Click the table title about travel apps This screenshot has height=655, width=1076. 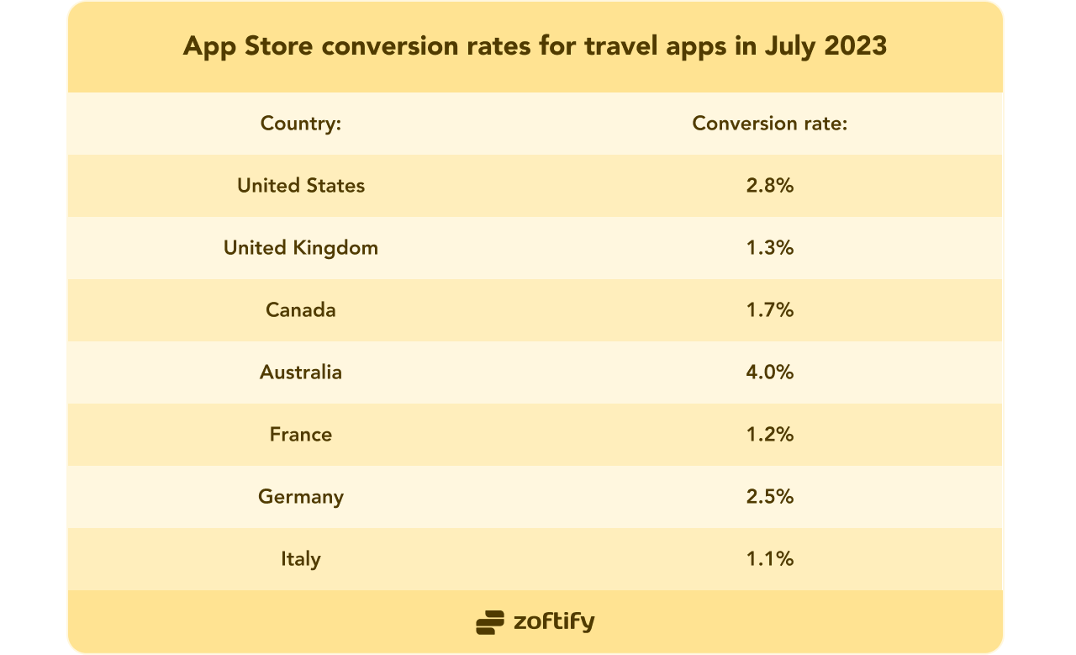click(x=535, y=46)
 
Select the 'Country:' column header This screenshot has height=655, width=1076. click(x=301, y=124)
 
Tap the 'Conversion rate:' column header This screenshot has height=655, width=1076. click(x=769, y=124)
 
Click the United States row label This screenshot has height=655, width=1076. click(x=301, y=186)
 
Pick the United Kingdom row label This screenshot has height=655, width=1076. click(x=301, y=248)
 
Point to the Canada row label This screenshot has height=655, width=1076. click(x=301, y=310)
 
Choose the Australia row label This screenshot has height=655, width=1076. click(x=301, y=372)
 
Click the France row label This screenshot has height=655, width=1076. click(x=301, y=435)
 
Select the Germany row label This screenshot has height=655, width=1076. click(x=301, y=497)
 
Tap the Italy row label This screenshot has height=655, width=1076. click(x=301, y=559)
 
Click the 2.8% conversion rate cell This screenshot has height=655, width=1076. click(x=769, y=186)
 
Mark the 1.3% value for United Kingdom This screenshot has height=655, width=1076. click(x=769, y=248)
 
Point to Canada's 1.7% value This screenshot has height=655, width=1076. click(x=769, y=310)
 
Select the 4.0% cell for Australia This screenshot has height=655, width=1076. click(x=769, y=372)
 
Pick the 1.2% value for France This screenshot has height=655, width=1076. click(x=769, y=435)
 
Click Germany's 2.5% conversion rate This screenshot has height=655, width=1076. click(x=769, y=497)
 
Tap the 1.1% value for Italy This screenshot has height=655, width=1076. click(x=769, y=559)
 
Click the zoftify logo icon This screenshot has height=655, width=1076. click(x=490, y=622)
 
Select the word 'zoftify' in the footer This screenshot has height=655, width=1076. click(x=554, y=622)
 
